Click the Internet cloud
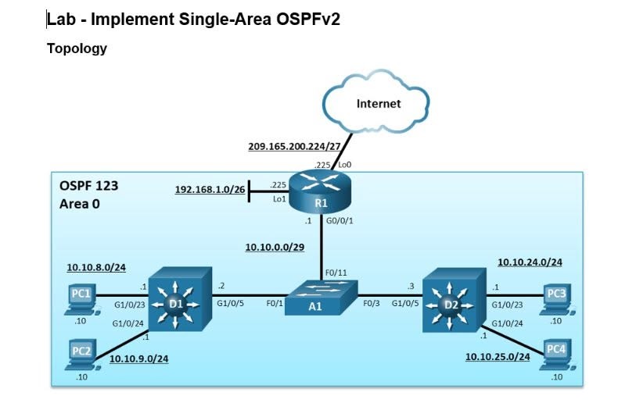(x=375, y=102)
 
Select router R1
(x=320, y=192)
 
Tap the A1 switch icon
(x=321, y=298)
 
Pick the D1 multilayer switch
(x=180, y=299)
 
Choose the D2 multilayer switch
(x=454, y=300)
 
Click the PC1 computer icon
(x=81, y=299)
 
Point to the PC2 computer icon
(x=81, y=355)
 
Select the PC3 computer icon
(x=557, y=299)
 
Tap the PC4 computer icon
(x=557, y=355)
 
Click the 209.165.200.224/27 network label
(x=294, y=146)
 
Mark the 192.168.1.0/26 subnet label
(x=210, y=190)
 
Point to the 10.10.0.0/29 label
(x=275, y=247)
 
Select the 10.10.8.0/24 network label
(x=96, y=268)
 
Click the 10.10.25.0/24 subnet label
(x=498, y=357)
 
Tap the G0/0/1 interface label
(x=340, y=221)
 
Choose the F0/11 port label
(x=336, y=273)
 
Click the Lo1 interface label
(x=279, y=199)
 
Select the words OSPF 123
(x=88, y=186)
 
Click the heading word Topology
(x=77, y=48)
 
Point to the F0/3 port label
(x=372, y=304)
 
